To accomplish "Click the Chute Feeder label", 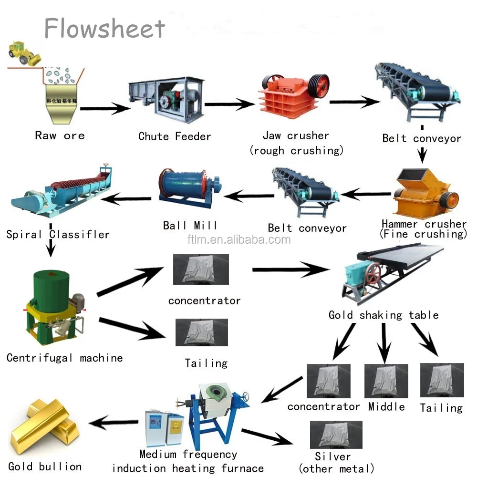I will (175, 136).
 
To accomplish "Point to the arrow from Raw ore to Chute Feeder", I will (105, 109).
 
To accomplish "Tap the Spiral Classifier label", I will (58, 234).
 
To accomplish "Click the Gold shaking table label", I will (384, 315).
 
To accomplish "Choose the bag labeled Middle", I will (386, 381).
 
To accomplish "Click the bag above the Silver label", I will (332, 435).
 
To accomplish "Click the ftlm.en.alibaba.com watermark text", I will (238, 240).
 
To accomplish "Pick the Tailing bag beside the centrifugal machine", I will (202, 332).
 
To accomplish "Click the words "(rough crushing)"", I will (296, 151).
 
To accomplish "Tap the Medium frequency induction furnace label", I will (188, 461).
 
